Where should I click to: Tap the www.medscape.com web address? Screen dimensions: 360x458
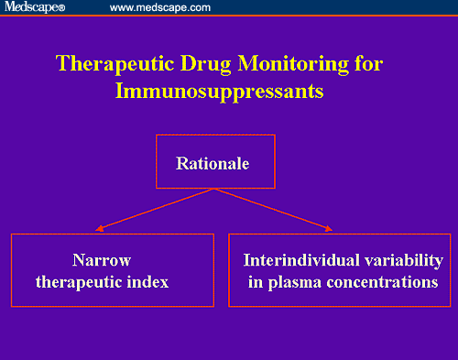coord(160,8)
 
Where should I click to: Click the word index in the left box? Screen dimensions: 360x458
coord(149,281)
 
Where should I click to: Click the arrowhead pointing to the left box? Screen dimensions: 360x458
coord(98,228)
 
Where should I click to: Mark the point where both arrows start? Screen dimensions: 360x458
coord(214,189)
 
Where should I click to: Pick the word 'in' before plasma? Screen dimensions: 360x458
coord(256,281)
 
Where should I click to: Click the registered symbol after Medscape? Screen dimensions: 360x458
coord(61,9)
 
